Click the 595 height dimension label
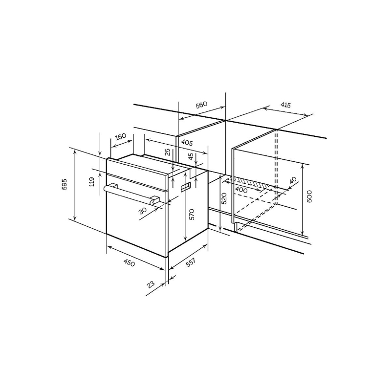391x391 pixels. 65,184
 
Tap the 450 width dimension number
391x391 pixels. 129,262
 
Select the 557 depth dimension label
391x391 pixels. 190,262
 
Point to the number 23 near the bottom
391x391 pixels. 151,284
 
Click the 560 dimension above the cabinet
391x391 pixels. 201,105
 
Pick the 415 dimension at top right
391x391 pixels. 286,105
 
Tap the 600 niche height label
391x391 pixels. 309,196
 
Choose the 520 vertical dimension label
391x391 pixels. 224,198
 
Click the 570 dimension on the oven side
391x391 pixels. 192,214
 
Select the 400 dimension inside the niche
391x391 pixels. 241,190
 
